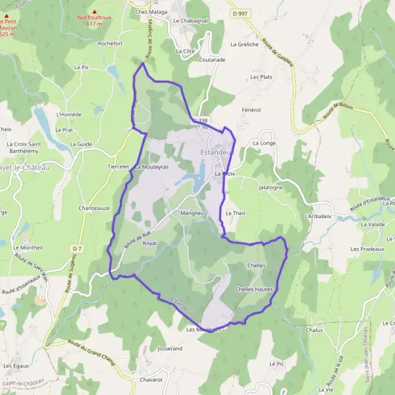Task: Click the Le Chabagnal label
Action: coord(190,20)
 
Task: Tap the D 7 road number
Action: coord(78,248)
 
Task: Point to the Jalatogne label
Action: coord(271,187)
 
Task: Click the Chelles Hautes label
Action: coord(254,289)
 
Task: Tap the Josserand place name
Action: coord(170,348)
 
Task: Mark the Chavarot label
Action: coord(151,380)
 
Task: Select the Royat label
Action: coord(151,243)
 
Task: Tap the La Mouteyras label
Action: coord(152,167)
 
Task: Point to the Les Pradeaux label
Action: coord(367,249)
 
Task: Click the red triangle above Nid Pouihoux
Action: coord(94,11)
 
